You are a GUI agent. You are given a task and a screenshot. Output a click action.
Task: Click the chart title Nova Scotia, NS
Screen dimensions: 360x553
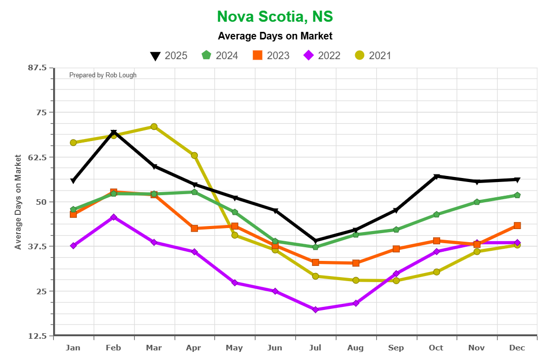[275, 16]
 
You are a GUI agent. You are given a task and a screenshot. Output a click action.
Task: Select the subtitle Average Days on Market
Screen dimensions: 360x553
[275, 36]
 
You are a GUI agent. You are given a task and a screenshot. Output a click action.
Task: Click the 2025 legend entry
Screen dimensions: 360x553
[169, 56]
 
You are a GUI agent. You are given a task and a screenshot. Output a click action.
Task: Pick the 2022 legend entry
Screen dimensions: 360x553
[321, 56]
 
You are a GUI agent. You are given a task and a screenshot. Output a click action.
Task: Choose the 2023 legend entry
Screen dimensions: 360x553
[271, 56]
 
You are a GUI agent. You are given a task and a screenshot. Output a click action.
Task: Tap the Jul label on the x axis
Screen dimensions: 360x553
[315, 348]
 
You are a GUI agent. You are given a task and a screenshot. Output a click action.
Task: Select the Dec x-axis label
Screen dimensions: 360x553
[517, 348]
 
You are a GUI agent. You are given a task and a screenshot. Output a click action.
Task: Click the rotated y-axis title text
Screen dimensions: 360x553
[18, 202]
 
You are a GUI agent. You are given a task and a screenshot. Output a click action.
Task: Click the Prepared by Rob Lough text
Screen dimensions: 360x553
[103, 75]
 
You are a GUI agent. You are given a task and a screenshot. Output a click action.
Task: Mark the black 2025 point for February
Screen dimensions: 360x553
[114, 133]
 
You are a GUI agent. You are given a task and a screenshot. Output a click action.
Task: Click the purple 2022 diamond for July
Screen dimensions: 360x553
[316, 309]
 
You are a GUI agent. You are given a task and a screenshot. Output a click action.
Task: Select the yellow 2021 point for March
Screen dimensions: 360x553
[154, 127]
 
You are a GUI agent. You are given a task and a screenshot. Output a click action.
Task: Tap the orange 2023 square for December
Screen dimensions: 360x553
[517, 226]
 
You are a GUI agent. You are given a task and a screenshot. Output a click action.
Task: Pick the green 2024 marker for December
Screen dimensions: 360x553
[517, 195]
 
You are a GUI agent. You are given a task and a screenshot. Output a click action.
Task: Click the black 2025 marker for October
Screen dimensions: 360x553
[437, 176]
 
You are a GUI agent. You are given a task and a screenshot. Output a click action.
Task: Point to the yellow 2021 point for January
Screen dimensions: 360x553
[73, 143]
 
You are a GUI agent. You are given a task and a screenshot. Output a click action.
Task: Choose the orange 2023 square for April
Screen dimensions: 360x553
[194, 229]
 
